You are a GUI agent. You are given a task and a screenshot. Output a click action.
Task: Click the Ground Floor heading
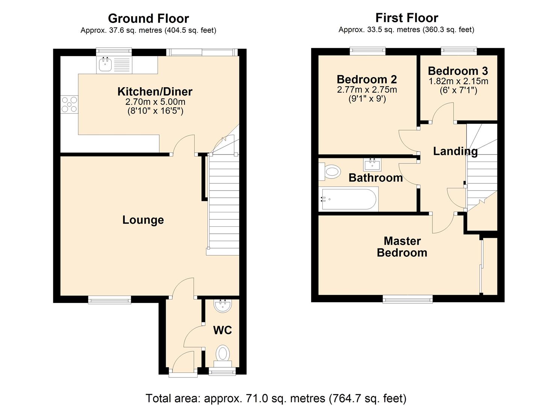click(x=148, y=18)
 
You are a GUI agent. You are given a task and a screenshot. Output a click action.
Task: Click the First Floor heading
click(x=407, y=18)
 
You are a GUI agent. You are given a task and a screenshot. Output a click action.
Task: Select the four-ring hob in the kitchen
click(x=70, y=105)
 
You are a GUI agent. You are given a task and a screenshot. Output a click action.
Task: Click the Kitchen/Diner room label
click(x=155, y=91)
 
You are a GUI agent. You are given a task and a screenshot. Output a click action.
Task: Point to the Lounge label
click(x=143, y=220)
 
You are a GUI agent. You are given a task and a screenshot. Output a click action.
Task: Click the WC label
click(x=222, y=330)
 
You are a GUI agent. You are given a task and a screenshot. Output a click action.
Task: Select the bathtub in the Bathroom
click(x=348, y=199)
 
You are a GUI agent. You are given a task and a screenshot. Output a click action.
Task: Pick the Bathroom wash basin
click(x=372, y=164)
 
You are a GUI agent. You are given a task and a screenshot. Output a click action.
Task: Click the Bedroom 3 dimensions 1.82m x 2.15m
click(x=458, y=81)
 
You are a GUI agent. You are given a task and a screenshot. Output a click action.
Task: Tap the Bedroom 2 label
click(x=367, y=79)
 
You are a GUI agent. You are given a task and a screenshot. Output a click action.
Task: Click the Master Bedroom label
click(x=402, y=247)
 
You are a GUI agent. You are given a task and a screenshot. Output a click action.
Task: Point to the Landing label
click(x=455, y=151)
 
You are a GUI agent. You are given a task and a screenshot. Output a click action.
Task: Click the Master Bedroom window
click(x=408, y=299)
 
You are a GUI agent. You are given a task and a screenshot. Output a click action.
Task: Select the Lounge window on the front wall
click(x=110, y=299)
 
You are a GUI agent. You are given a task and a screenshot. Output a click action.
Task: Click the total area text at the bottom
click(x=276, y=398)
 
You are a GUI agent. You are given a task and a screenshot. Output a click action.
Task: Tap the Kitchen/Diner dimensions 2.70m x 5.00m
click(x=155, y=102)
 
